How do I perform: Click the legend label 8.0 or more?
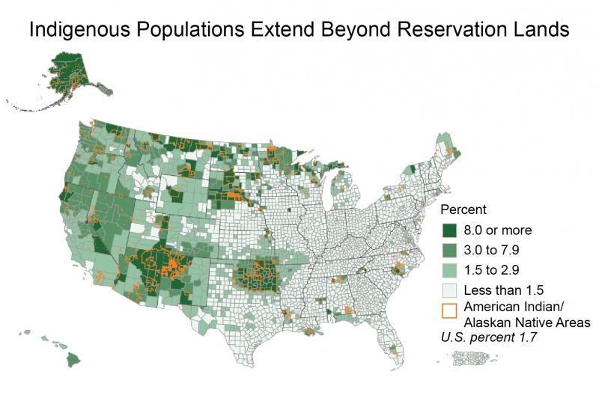tap(497, 230)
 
